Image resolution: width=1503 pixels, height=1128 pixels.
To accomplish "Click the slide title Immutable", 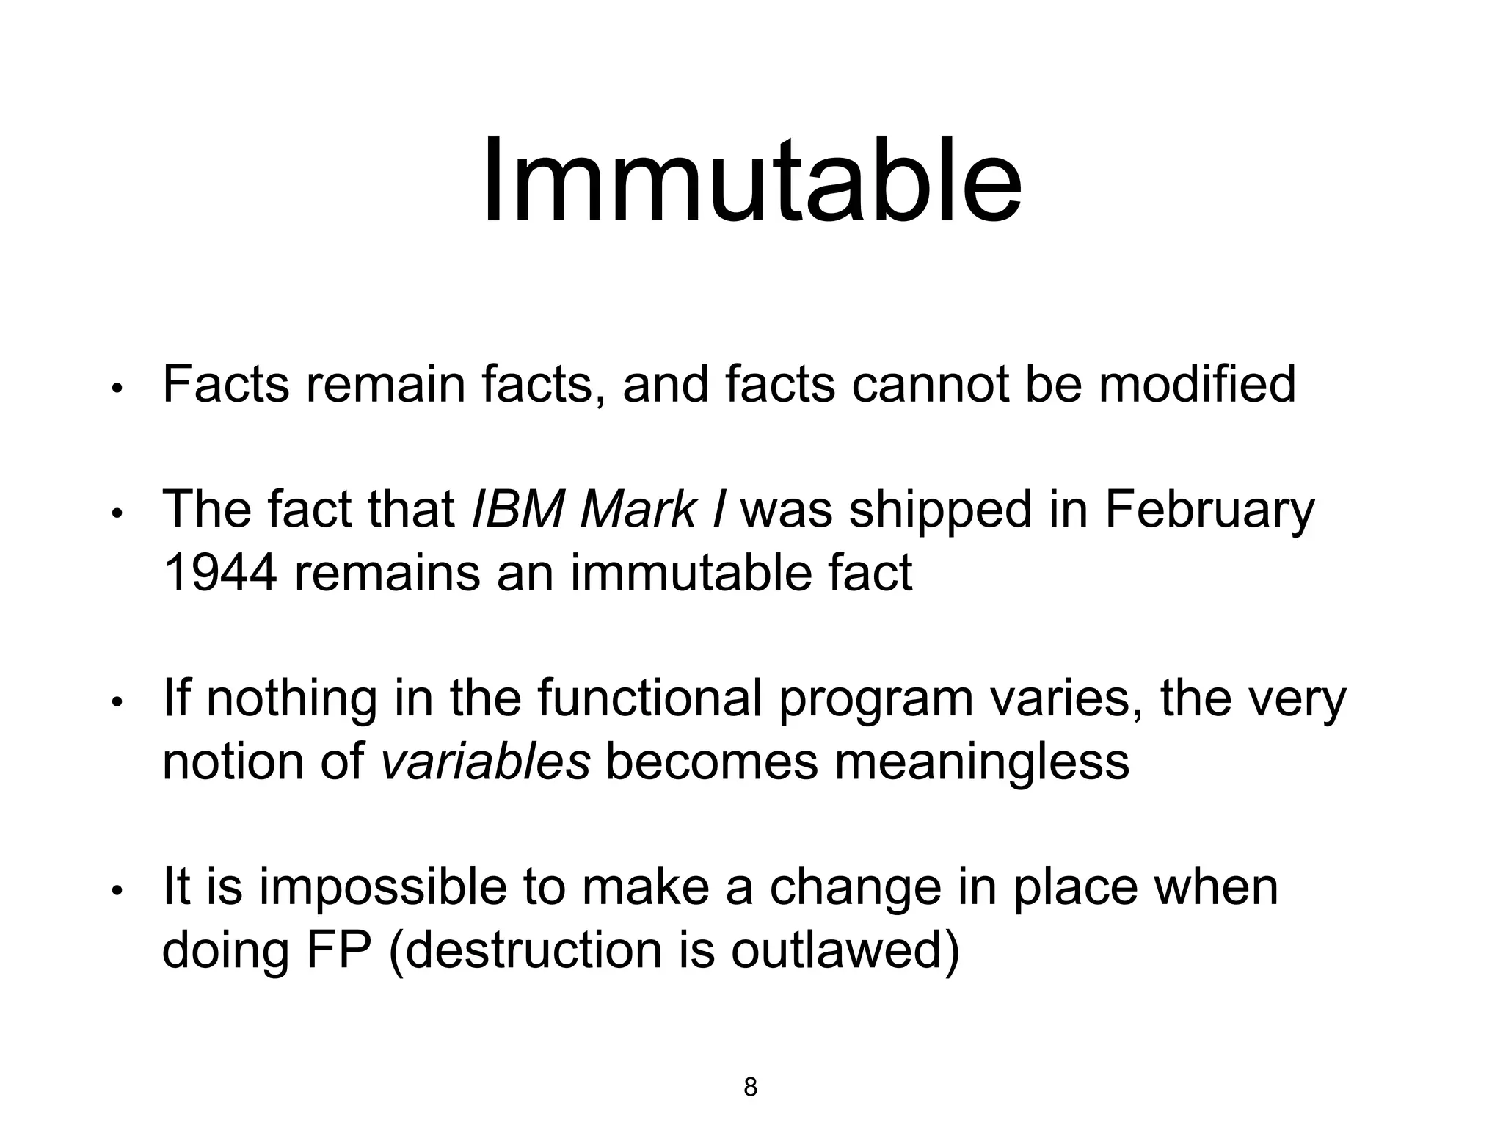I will point(751,181).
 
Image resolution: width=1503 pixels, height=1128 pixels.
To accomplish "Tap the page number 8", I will point(750,1086).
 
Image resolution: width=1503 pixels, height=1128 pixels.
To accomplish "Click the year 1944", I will point(219,573).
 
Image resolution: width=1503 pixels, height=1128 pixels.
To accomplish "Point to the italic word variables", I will point(486,762).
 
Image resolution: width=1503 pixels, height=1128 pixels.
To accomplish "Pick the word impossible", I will point(382,889).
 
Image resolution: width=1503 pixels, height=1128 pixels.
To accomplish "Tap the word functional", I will point(649,698).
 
